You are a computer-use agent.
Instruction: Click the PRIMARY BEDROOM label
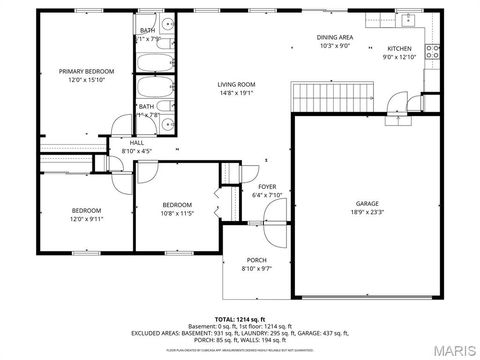(86, 71)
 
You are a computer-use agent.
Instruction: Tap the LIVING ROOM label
(237, 84)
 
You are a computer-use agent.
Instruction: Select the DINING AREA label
(335, 37)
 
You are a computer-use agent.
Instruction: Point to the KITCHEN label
(400, 48)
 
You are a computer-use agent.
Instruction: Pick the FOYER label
(267, 186)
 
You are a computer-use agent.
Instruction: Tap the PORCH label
(256, 259)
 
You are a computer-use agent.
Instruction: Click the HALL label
(136, 143)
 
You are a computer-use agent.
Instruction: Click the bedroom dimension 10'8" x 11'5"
(177, 212)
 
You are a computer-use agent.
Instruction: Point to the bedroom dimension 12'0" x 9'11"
(85, 218)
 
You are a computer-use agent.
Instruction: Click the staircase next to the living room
(329, 97)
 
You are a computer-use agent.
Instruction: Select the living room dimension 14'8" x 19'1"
(237, 92)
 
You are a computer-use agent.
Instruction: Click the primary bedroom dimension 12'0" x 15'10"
(86, 79)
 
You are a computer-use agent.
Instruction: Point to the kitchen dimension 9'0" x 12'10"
(400, 56)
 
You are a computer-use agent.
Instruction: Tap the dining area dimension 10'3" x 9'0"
(335, 45)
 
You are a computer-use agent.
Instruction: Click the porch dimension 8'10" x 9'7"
(256, 267)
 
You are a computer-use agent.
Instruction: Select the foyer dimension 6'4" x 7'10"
(267, 194)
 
